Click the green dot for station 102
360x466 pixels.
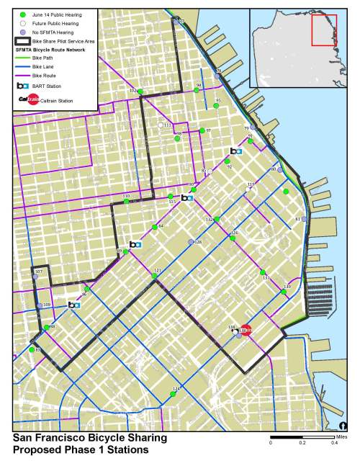pyautogui.click(x=141, y=92)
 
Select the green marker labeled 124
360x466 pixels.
pyautogui.click(x=173, y=393)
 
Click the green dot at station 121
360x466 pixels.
pyautogui.click(x=154, y=276)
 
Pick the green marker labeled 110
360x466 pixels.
pyautogui.click(x=127, y=202)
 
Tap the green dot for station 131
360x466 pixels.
pyautogui.click(x=262, y=273)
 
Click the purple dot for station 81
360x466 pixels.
pyautogui.click(x=304, y=218)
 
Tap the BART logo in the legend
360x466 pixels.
pyautogui.click(x=23, y=85)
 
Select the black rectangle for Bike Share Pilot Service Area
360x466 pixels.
pyautogui.click(x=23, y=42)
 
